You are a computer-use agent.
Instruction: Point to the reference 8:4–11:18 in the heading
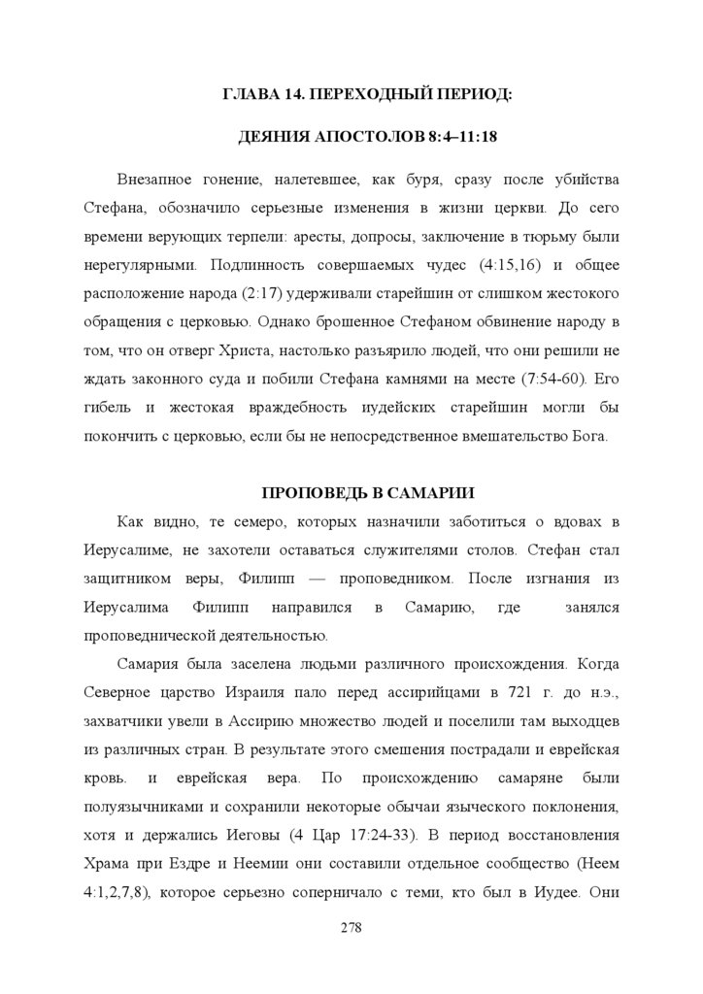pyautogui.click(x=462, y=137)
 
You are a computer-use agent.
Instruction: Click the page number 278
pyautogui.click(x=351, y=929)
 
